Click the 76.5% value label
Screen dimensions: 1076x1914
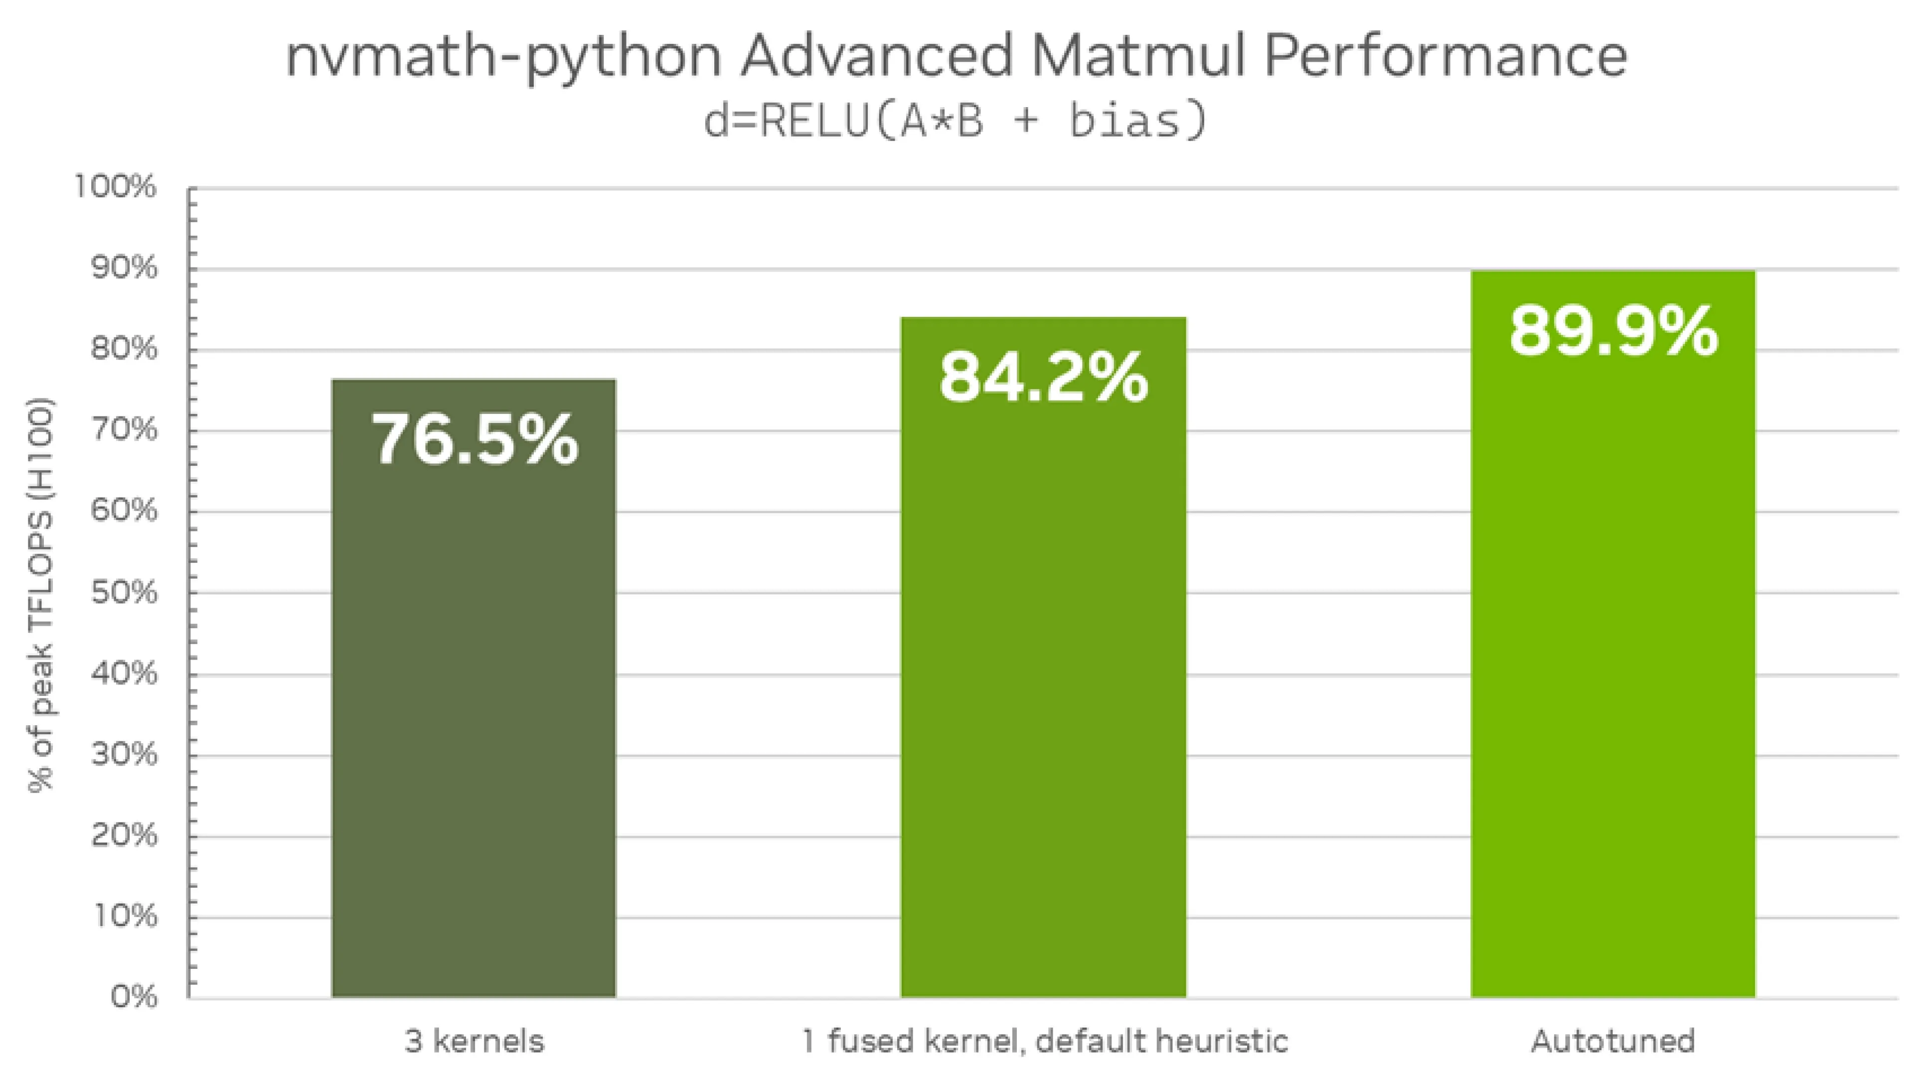coord(474,440)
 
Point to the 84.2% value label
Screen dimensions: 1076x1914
coord(1043,378)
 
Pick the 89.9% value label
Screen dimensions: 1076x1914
coord(1613,331)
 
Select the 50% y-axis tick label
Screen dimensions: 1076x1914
coord(124,593)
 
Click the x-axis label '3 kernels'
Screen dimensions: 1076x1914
coord(474,1041)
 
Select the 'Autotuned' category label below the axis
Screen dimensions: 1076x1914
coord(1612,1041)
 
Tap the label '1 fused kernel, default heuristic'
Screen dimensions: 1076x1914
coord(1044,1041)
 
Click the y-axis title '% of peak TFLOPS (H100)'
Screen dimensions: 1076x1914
coord(41,594)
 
